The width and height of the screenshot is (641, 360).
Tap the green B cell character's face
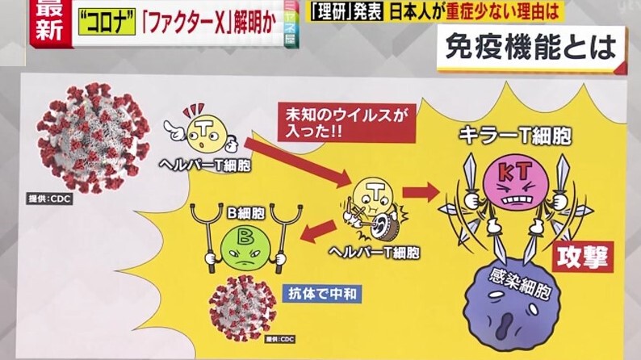[x=237, y=241]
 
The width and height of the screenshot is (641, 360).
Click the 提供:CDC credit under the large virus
[x=55, y=197]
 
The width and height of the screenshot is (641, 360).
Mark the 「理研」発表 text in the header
[x=348, y=13]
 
